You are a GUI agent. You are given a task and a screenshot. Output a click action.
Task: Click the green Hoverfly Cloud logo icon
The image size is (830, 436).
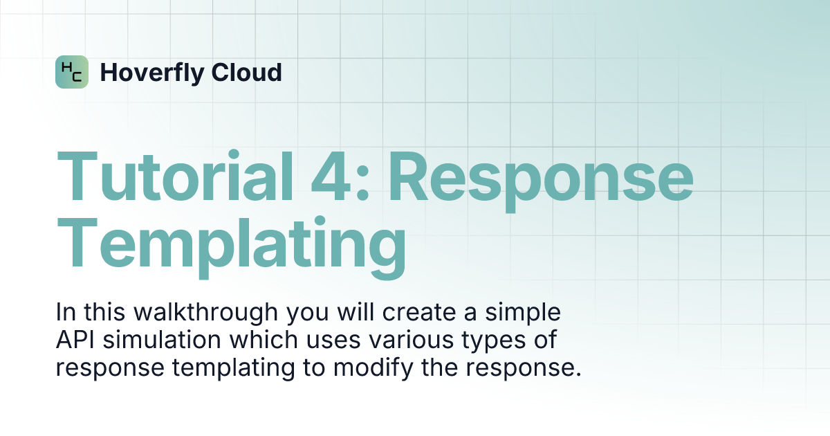[72, 72]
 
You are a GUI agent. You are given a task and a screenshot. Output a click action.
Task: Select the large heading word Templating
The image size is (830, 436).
[232, 246]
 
